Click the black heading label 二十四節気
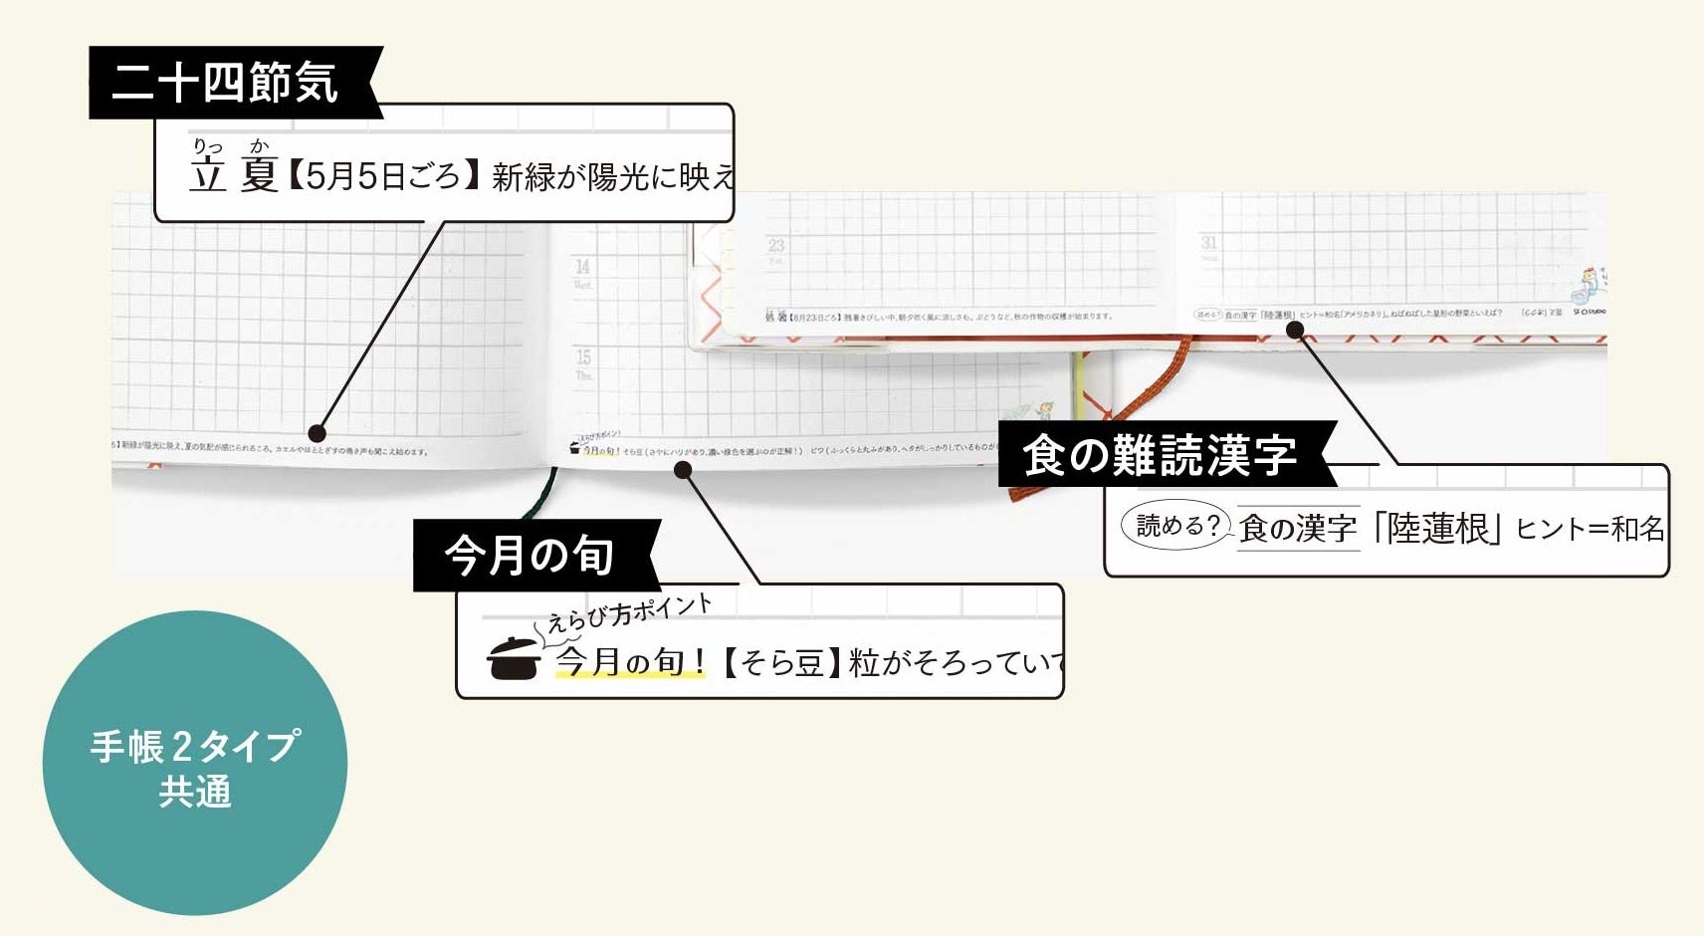pyautogui.click(x=225, y=83)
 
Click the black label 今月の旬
pyautogui.click(x=529, y=555)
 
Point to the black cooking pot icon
pyautogui.click(x=514, y=658)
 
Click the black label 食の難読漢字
pyautogui.click(x=1160, y=456)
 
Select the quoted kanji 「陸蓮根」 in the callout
pyautogui.click(x=1435, y=529)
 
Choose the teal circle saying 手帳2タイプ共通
pyautogui.click(x=194, y=764)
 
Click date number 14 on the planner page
pyautogui.click(x=582, y=267)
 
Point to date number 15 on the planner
pyautogui.click(x=583, y=356)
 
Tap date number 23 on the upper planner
pyautogui.click(x=775, y=245)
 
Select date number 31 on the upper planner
pyautogui.click(x=1209, y=242)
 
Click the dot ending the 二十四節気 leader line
pyautogui.click(x=317, y=433)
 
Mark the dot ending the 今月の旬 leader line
pyautogui.click(x=683, y=469)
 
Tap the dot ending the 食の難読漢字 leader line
pyautogui.click(x=1295, y=330)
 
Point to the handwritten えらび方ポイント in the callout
pyautogui.click(x=629, y=612)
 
